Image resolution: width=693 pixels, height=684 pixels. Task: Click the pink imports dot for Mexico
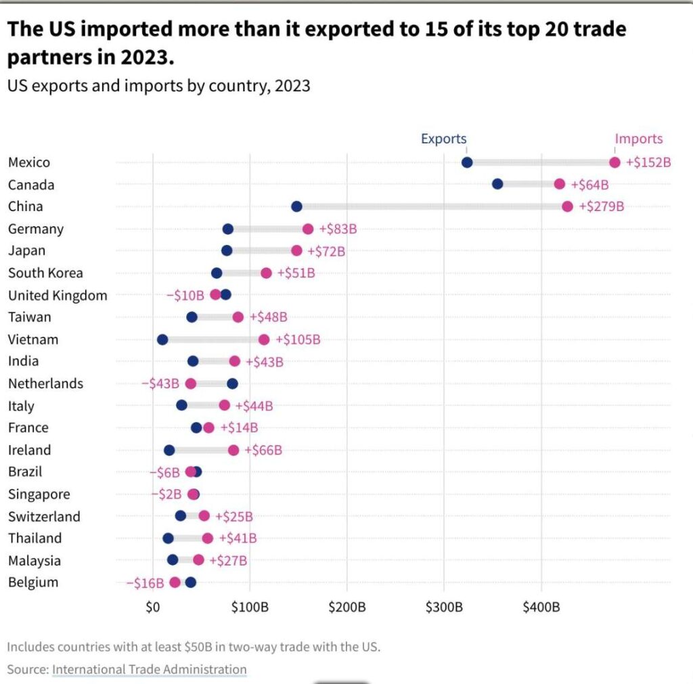(x=614, y=162)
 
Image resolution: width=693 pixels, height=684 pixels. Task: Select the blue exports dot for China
(x=296, y=206)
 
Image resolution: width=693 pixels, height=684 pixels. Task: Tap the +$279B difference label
(x=602, y=206)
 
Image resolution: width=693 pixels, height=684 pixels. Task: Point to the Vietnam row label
(x=33, y=340)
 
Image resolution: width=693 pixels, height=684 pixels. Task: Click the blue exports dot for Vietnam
(x=162, y=340)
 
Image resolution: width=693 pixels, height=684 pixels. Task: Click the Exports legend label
(x=443, y=139)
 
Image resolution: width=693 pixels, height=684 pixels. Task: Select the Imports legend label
(x=639, y=139)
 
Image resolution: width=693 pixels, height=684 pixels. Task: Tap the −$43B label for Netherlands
(x=160, y=384)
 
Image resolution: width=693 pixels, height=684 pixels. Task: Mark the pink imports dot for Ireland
(x=233, y=450)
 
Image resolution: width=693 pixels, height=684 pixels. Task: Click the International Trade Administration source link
(x=150, y=669)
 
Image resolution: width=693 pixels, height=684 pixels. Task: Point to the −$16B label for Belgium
(x=145, y=583)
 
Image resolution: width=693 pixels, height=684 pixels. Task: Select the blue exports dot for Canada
(x=497, y=184)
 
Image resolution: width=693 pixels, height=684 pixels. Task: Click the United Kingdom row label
(x=58, y=295)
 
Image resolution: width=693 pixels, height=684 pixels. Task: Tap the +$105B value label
(x=298, y=340)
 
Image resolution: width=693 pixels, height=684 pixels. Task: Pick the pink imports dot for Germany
(x=308, y=229)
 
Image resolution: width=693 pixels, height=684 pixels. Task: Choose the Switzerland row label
(x=44, y=517)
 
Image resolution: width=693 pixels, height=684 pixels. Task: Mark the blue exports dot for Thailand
(x=168, y=539)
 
